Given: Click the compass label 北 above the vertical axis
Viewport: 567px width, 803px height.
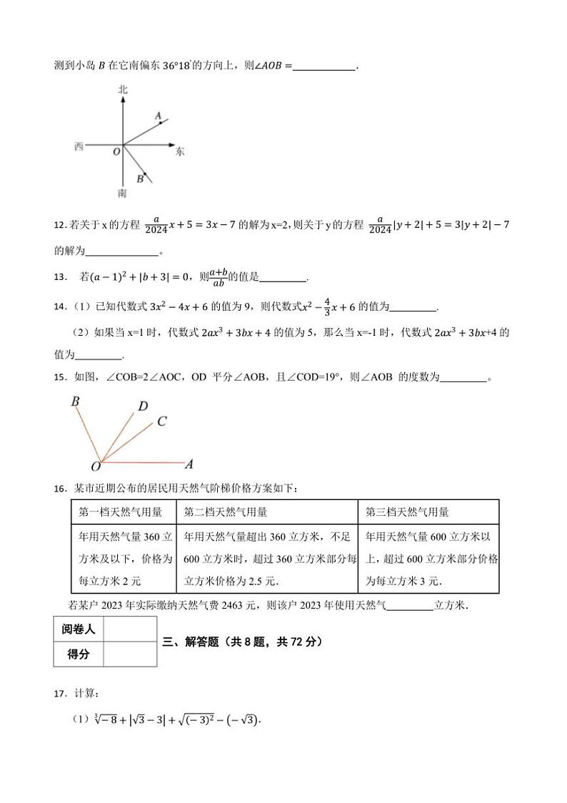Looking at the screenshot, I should click(x=123, y=90).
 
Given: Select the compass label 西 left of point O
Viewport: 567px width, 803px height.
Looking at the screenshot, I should click(x=79, y=146).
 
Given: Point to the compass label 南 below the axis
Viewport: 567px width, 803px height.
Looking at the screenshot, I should click(x=123, y=193).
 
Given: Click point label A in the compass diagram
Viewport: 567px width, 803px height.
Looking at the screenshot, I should click(x=158, y=114).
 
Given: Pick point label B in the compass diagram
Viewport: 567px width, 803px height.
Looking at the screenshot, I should click(x=140, y=179).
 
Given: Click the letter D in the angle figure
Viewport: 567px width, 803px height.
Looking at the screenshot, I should click(x=143, y=407).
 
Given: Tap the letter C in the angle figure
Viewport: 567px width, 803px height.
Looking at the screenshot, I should click(x=161, y=422).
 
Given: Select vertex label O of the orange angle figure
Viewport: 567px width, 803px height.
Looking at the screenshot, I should click(x=95, y=467).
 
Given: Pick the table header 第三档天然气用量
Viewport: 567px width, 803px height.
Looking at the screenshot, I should click(x=407, y=512).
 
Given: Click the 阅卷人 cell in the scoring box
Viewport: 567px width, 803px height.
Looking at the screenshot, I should click(x=79, y=629).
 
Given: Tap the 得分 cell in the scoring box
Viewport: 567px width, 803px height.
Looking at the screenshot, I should click(x=79, y=654).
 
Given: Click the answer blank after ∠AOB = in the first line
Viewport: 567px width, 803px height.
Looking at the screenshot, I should click(x=324, y=66).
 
